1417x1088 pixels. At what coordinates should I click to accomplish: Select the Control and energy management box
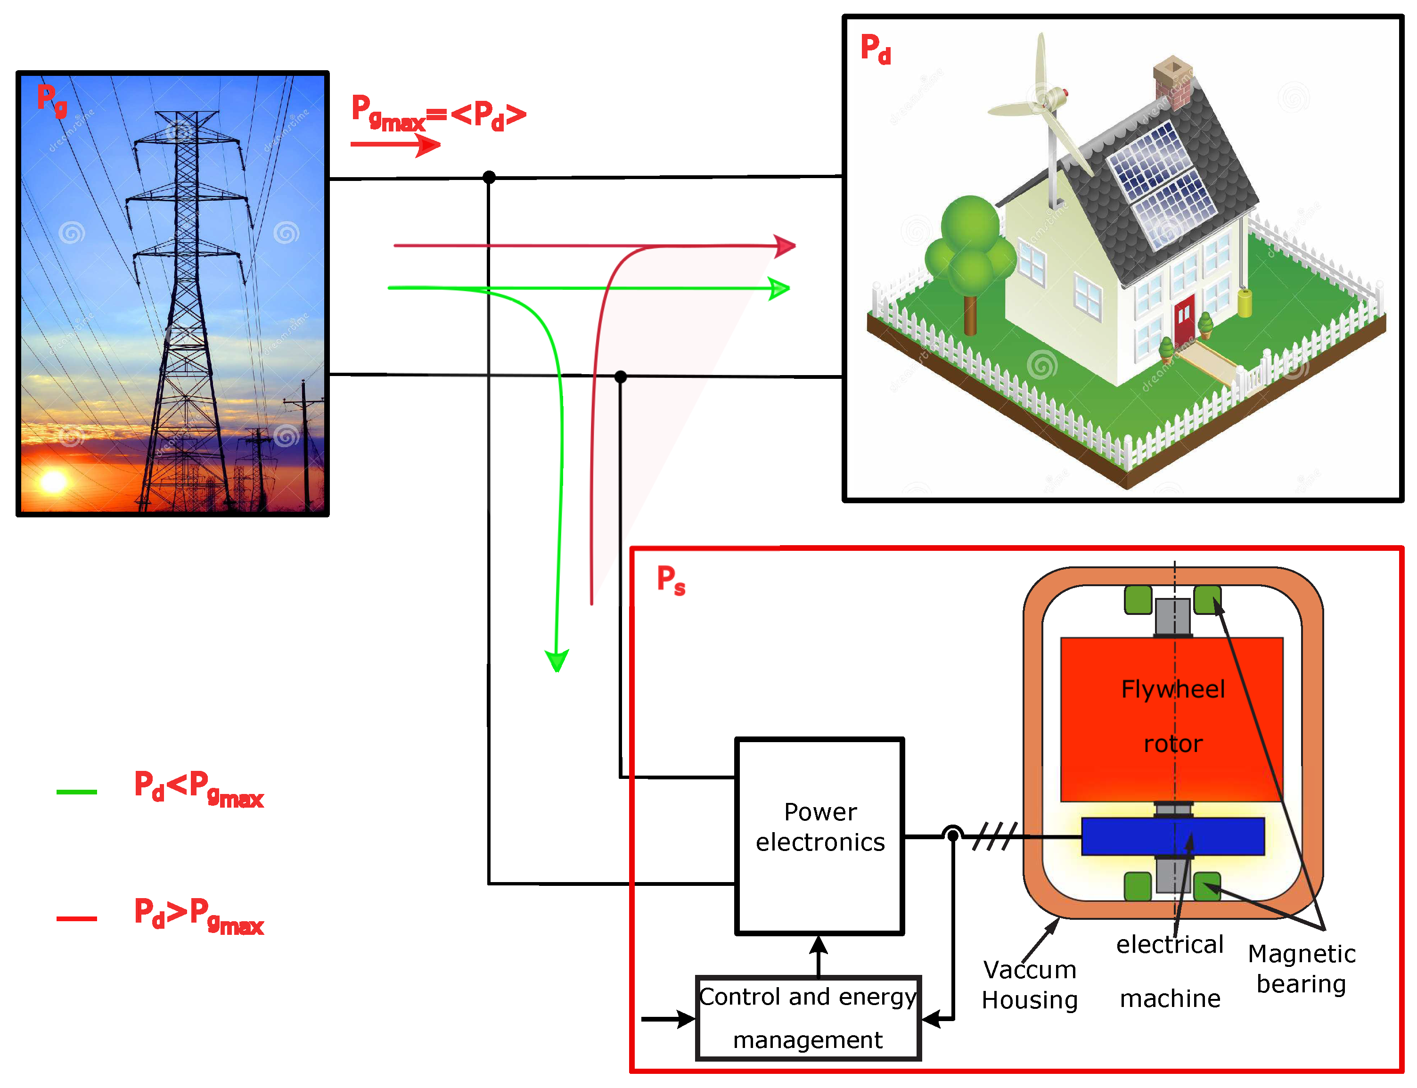pyautogui.click(x=808, y=1017)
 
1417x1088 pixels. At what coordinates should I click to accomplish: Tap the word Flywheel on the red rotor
pyautogui.click(x=1172, y=689)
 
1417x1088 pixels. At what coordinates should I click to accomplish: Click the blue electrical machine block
pyautogui.click(x=1172, y=836)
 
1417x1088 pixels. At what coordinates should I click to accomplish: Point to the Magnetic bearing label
pyautogui.click(x=1301, y=968)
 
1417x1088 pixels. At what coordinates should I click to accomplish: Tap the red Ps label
pyautogui.click(x=670, y=579)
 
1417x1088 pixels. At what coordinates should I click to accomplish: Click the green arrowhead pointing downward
pyautogui.click(x=557, y=660)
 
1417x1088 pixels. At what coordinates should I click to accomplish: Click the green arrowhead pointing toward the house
pyautogui.click(x=779, y=288)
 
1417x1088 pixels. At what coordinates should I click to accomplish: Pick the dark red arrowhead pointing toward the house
pyautogui.click(x=785, y=246)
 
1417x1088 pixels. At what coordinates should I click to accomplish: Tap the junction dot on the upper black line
pyautogui.click(x=489, y=177)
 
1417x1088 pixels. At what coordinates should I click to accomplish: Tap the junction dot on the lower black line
pyautogui.click(x=621, y=376)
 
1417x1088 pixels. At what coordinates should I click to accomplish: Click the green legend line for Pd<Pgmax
pyautogui.click(x=76, y=792)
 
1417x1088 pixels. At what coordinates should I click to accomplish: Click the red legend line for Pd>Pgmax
pyautogui.click(x=76, y=918)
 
